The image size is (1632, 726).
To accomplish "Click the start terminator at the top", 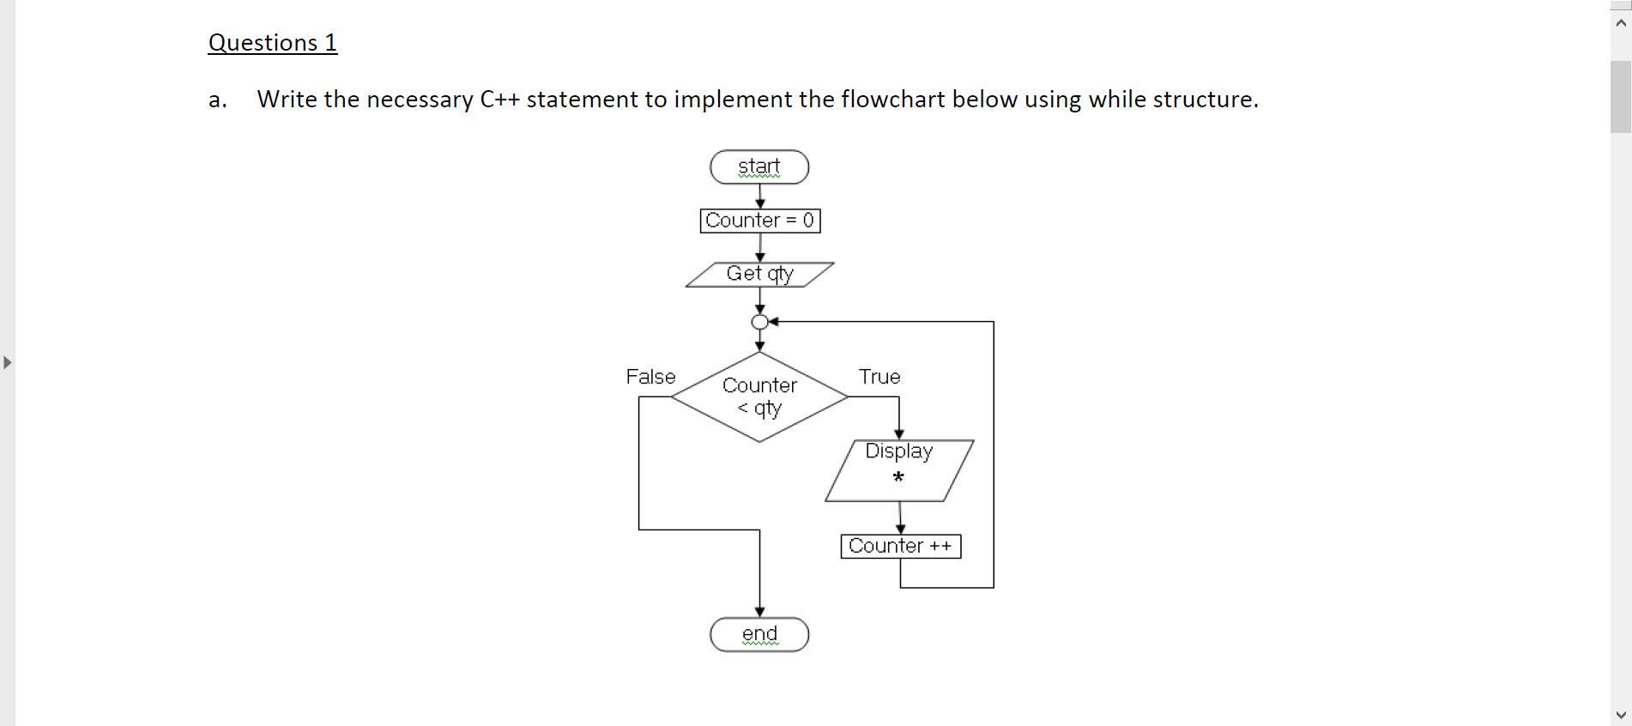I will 759,166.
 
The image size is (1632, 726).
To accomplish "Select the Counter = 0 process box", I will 759,221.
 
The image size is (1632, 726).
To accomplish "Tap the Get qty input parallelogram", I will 759,274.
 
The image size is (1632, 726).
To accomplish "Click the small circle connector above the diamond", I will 759,322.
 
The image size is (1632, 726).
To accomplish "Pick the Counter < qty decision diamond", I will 759,396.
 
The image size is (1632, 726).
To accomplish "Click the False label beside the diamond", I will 650,377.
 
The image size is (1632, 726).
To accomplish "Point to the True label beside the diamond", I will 879,377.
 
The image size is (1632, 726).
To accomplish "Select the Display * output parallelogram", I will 898,469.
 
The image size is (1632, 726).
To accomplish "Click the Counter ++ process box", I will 900,547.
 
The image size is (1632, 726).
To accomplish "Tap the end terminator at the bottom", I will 759,634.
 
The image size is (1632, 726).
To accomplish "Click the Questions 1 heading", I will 272,43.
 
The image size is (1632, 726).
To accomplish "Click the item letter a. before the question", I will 217,100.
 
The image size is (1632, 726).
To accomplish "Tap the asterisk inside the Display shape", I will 898,477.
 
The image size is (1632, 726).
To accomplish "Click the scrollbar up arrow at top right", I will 1620,23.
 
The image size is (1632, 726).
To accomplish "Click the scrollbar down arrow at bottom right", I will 1620,714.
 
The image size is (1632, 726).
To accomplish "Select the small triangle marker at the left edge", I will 8,362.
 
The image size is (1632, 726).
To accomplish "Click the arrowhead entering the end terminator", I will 759,612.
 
